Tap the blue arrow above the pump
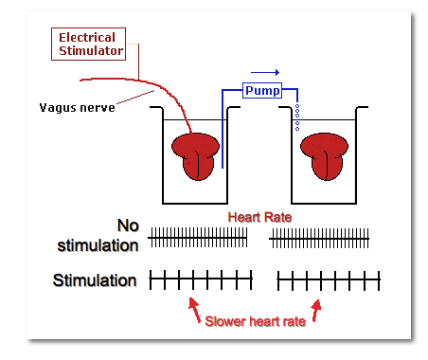265,71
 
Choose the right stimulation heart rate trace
328,279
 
